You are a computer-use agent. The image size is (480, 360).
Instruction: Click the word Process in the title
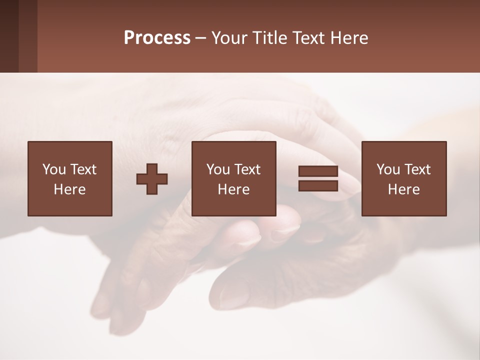tap(157, 38)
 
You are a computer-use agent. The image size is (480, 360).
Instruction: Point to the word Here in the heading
tap(349, 38)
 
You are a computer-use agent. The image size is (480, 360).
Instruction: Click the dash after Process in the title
tap(200, 38)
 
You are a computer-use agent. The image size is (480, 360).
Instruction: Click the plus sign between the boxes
tap(152, 179)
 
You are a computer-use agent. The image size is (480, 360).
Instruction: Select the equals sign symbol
tap(318, 178)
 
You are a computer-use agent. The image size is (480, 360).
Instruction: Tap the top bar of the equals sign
tap(318, 171)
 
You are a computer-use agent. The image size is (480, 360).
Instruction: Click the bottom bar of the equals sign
tap(318, 185)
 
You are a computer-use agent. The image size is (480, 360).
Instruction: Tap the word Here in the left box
tap(69, 189)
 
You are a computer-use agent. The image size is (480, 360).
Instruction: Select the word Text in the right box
tap(417, 169)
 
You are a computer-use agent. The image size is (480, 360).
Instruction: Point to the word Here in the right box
tap(403, 189)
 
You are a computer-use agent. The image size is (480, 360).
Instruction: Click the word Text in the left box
tap(83, 169)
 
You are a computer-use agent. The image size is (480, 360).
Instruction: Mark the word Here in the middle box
tap(233, 189)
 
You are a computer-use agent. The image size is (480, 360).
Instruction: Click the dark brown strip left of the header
tap(18, 36)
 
